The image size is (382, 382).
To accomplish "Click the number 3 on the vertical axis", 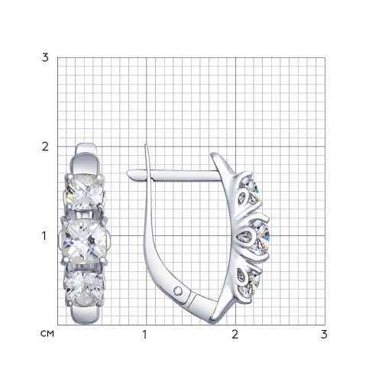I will pyautogui.click(x=45, y=57).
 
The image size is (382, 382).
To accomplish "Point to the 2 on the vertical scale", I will pyautogui.click(x=45, y=147).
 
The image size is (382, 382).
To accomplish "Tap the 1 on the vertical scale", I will pyautogui.click(x=45, y=236).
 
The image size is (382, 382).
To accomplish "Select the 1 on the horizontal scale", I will pyautogui.click(x=145, y=335).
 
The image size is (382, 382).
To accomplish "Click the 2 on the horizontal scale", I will pyautogui.click(x=235, y=335).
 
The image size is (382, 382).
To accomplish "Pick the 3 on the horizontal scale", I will pyautogui.click(x=324, y=335).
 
